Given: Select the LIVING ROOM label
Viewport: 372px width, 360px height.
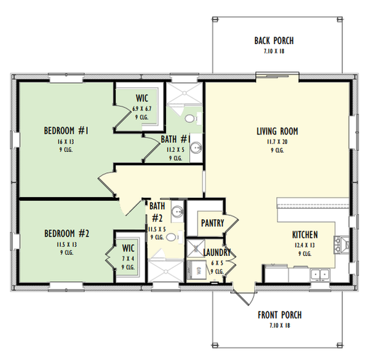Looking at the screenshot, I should (277, 131).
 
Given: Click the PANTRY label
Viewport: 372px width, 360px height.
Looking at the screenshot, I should (212, 224).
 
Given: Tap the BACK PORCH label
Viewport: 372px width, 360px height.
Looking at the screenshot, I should (275, 41).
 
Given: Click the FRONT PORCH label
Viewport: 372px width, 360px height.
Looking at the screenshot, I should (279, 315).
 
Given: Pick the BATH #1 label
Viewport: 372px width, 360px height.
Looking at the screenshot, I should (175, 139).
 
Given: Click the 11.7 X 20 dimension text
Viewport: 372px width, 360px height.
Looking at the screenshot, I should (277, 142).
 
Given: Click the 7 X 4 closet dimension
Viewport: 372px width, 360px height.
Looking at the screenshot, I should (127, 258).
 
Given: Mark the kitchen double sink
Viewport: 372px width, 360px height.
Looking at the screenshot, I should (320, 275).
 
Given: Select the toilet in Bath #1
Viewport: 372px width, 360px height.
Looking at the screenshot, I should (189, 119).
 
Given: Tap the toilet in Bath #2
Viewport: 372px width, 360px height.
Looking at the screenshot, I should (171, 237).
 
